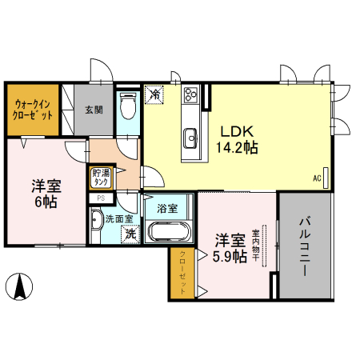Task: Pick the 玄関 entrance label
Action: pyautogui.click(x=94, y=110)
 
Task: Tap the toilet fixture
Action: pyautogui.click(x=127, y=105)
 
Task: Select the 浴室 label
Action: pyautogui.click(x=166, y=209)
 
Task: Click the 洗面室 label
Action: pyautogui.click(x=114, y=217)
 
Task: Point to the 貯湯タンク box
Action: pyautogui.click(x=102, y=178)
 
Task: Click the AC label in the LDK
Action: pyautogui.click(x=317, y=178)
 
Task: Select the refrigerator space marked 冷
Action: pyautogui.click(x=155, y=94)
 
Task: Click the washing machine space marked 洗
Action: pyautogui.click(x=128, y=235)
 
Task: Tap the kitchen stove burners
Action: pyautogui.click(x=192, y=96)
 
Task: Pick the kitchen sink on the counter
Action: pyautogui.click(x=191, y=138)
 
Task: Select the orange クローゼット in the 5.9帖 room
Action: pyautogui.click(x=182, y=272)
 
